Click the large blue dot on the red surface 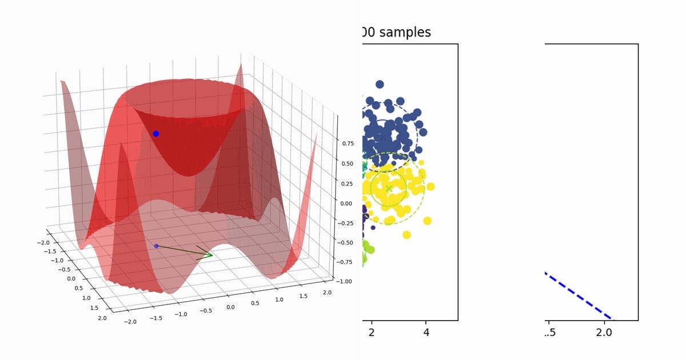click(155, 134)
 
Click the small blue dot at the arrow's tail click(156, 246)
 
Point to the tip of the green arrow click(212, 255)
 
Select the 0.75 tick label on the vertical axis click(348, 143)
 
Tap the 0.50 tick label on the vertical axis click(348, 163)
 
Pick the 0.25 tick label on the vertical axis click(348, 183)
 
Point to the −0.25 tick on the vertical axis click(346, 223)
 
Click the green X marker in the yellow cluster click(389, 188)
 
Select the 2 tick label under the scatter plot click(372, 333)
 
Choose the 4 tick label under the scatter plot click(426, 333)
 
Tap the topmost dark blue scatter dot click(379, 84)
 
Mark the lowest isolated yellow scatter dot click(406, 235)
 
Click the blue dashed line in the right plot click(577, 294)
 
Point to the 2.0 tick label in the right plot click(605, 333)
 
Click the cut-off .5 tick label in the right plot click(551, 333)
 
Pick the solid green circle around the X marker click(406, 188)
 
